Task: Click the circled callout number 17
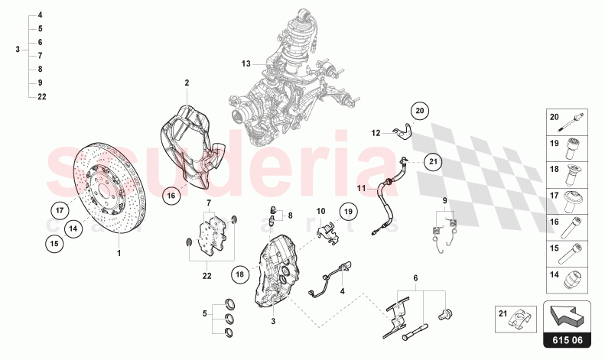tap(60, 210)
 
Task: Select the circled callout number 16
tap(171, 196)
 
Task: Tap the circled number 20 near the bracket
tap(419, 111)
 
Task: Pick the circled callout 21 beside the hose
tap(433, 161)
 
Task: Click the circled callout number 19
tap(349, 211)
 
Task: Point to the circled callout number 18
tap(240, 274)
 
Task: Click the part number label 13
tap(246, 63)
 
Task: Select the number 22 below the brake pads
tap(207, 276)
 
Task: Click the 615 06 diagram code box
tap(568, 340)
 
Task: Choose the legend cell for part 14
tap(567, 281)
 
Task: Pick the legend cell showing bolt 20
tap(567, 122)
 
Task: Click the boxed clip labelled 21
tap(516, 319)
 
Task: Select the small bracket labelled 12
tap(402, 133)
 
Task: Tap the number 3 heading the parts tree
tap(18, 50)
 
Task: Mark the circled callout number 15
tap(54, 244)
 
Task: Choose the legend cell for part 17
tap(567, 201)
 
